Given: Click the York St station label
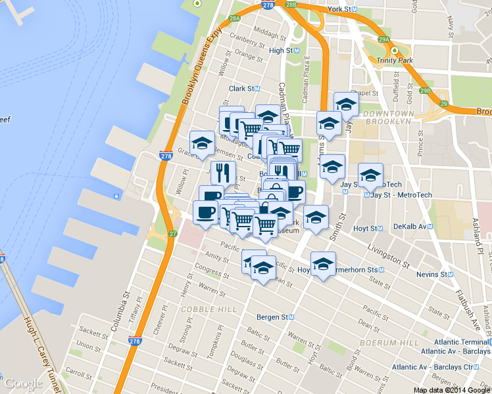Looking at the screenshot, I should tap(341, 9).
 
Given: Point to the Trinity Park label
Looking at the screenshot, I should tap(395, 60).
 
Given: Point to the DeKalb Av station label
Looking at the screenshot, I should tap(410, 226).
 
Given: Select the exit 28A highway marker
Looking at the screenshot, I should tap(235, 18).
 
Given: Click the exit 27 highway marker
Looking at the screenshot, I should tap(173, 234).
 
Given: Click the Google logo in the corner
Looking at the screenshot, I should tap(23, 384).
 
